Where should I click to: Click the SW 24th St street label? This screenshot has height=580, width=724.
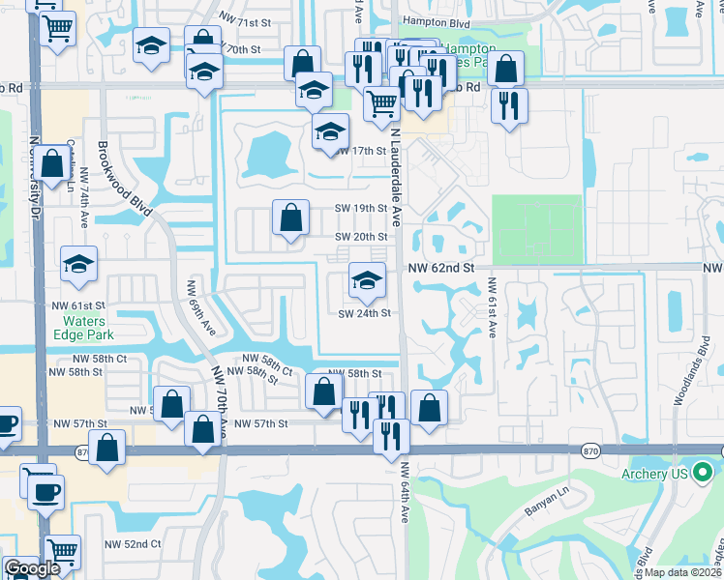pos(364,313)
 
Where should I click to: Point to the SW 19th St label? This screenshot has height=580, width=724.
pos(361,208)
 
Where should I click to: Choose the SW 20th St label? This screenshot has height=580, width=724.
pos(361,237)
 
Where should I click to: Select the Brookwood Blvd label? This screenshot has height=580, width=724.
pos(126,179)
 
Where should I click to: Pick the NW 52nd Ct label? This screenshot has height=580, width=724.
pos(133,544)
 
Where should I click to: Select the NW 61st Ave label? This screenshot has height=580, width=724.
pos(492,308)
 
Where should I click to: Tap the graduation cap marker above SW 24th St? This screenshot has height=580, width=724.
pos(366,281)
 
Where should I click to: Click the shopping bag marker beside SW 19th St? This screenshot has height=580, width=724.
pos(290,218)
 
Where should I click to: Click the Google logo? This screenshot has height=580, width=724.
pos(32,569)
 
